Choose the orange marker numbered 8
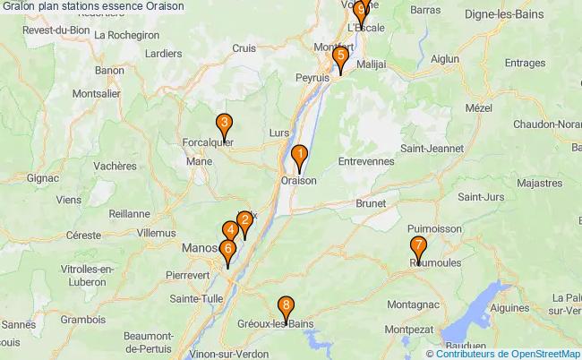286,307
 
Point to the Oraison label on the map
299,180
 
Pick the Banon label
109,70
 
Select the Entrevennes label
367,161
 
